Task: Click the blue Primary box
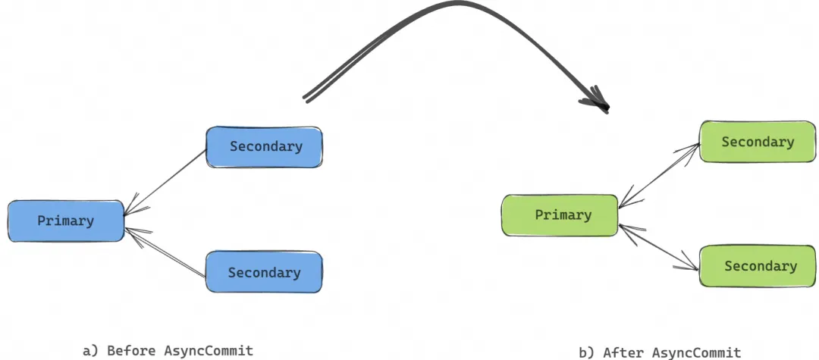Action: pyautogui.click(x=65, y=221)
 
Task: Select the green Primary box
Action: pyautogui.click(x=560, y=215)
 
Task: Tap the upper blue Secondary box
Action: pyautogui.click(x=265, y=147)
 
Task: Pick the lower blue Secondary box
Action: pyautogui.click(x=264, y=273)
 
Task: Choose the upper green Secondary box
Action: pyautogui.click(x=757, y=142)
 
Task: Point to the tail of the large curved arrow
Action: pyautogui.click(x=306, y=98)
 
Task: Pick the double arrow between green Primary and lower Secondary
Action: pyautogui.click(x=659, y=247)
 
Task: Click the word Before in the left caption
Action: pyautogui.click(x=132, y=350)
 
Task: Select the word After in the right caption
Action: pyautogui.click(x=621, y=352)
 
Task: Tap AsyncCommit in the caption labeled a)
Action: pyautogui.click(x=208, y=350)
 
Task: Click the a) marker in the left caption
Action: pyautogui.click(x=90, y=350)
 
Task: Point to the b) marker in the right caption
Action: pyautogui.click(x=586, y=352)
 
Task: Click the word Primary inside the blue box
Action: pyautogui.click(x=65, y=221)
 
